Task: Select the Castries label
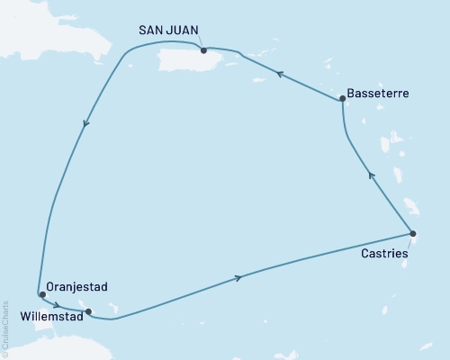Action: tap(383, 255)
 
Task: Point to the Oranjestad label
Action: tap(76, 287)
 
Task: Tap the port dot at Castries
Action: tap(413, 234)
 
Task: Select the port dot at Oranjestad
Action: tap(42, 294)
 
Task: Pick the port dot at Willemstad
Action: tap(87, 312)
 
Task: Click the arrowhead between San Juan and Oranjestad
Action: tap(85, 125)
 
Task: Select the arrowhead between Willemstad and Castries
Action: tap(238, 278)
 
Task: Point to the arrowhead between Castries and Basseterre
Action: tap(370, 175)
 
